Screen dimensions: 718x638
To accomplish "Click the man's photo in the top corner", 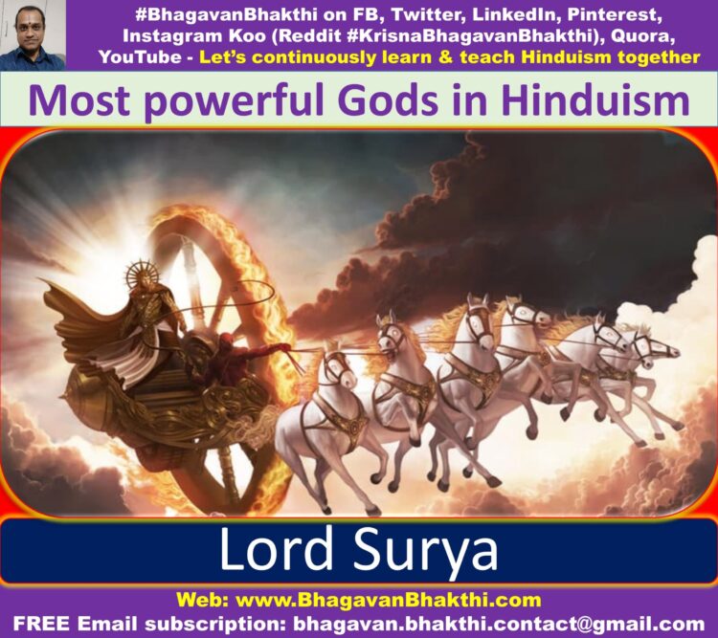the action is [x=33, y=35].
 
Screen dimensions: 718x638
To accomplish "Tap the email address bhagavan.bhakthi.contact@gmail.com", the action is [x=499, y=624].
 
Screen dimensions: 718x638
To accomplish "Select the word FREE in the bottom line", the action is [x=41, y=624].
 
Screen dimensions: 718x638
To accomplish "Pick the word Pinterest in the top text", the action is [x=615, y=14].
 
